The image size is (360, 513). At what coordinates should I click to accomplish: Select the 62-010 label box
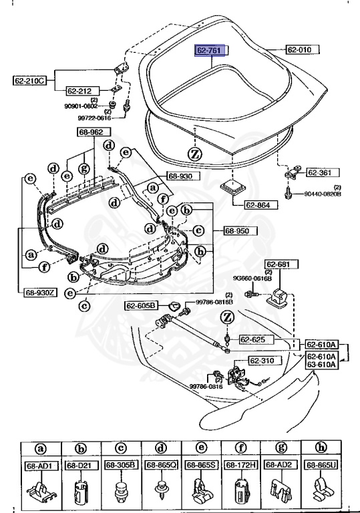click(303, 49)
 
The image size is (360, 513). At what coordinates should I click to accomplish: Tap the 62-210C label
click(29, 81)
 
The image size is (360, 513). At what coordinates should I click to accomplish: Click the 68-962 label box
click(91, 132)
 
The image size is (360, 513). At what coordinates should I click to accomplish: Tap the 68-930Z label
click(40, 292)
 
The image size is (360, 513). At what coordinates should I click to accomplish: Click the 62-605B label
click(141, 305)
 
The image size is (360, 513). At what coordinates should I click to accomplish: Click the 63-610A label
click(322, 365)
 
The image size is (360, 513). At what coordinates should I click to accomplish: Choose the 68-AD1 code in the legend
click(40, 464)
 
